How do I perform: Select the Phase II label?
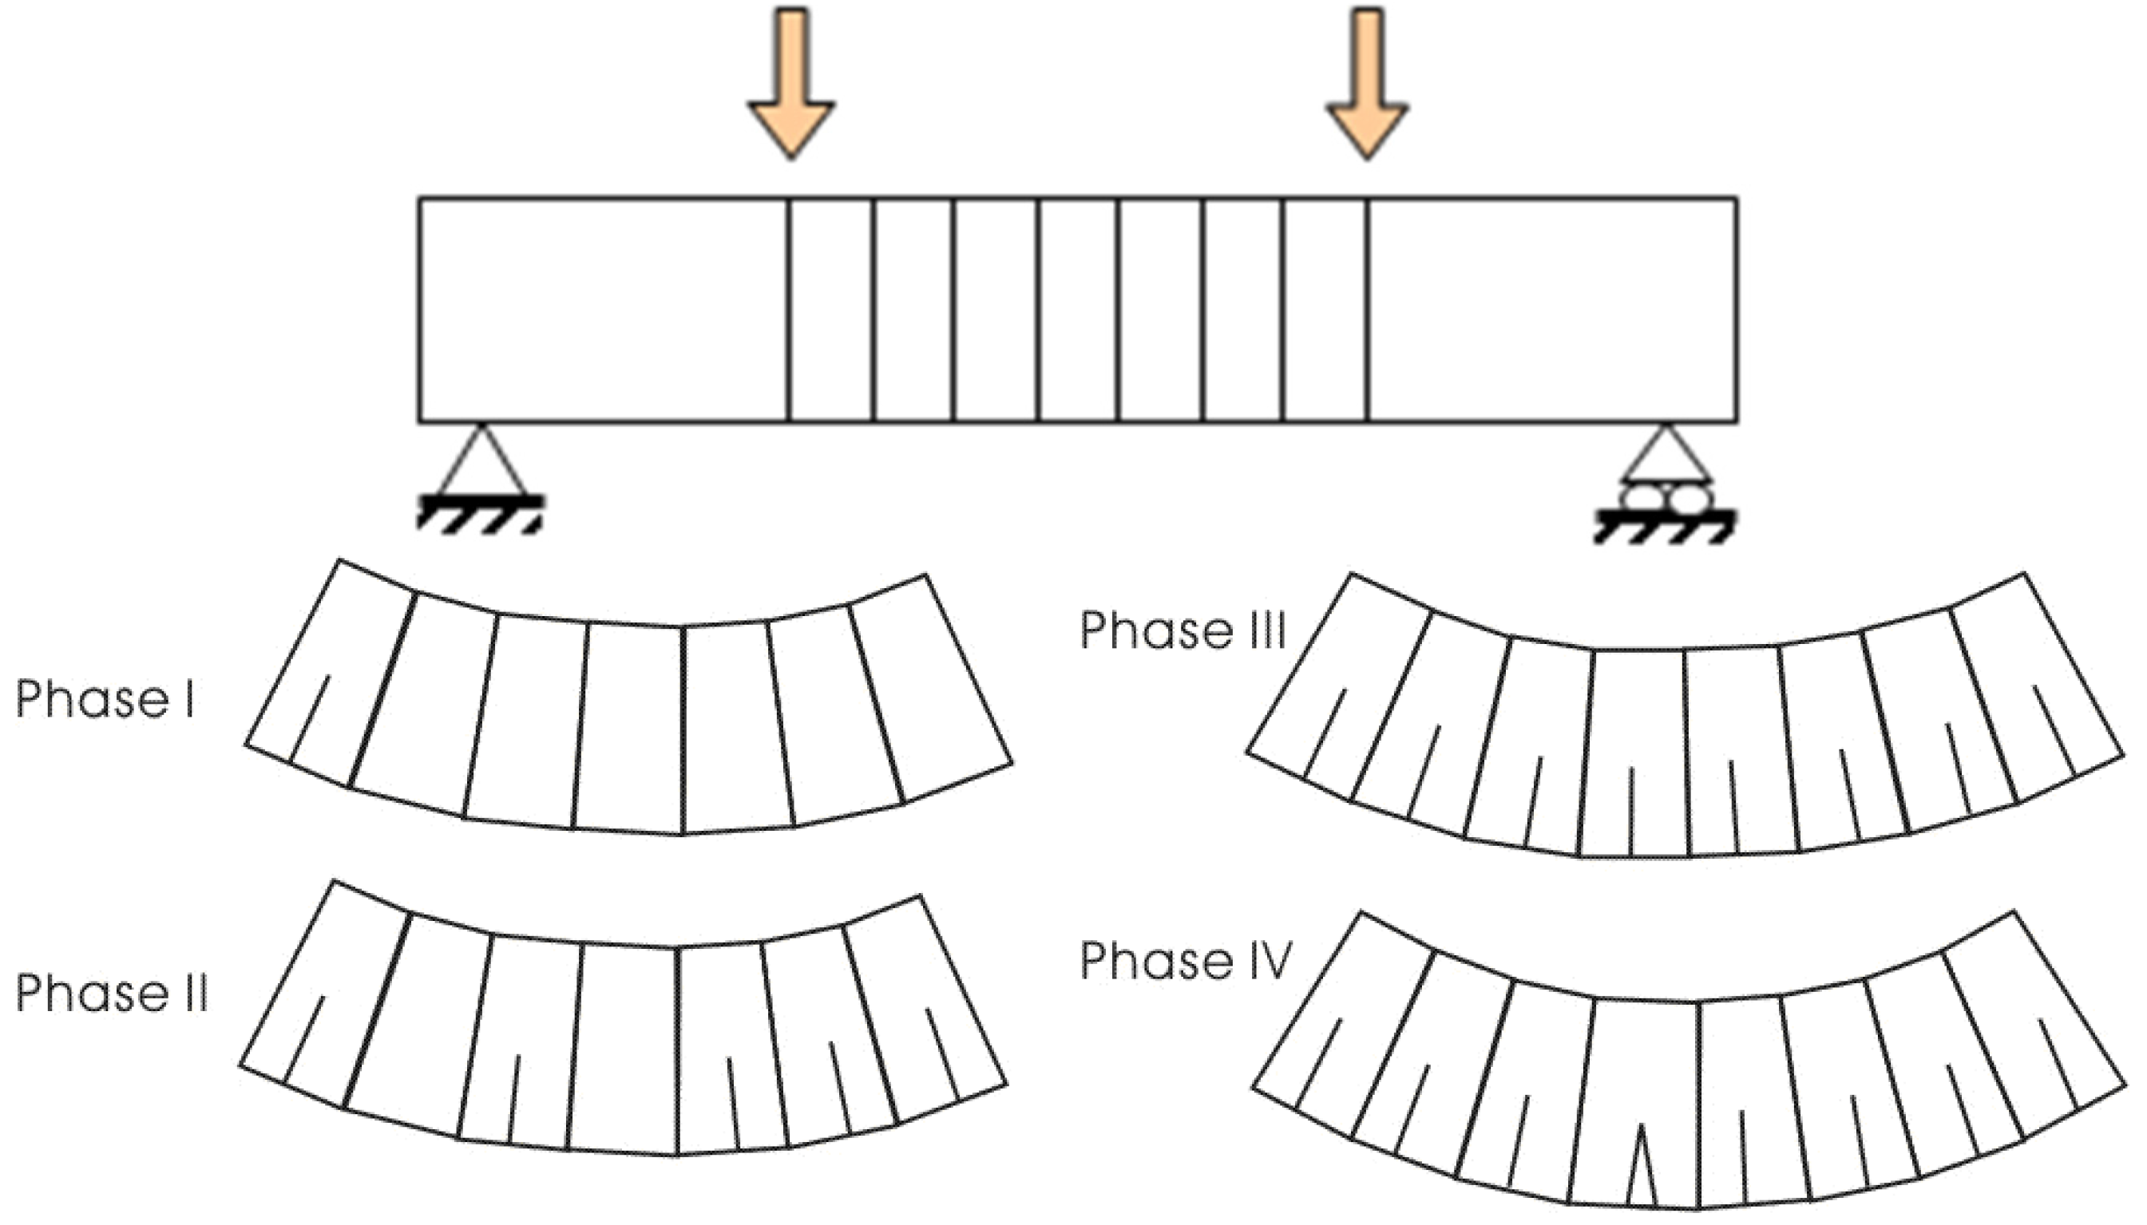coord(111,994)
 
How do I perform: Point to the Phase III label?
coord(1182,631)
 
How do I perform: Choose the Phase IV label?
coord(1185,961)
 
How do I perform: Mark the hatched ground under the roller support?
coord(1665,526)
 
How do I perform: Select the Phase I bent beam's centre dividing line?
coord(681,729)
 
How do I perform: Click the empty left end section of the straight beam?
coord(604,310)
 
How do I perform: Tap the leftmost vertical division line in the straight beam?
coord(789,310)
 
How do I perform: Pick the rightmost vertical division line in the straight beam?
coord(1368,310)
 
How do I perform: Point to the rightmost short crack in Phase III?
coord(2054,730)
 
